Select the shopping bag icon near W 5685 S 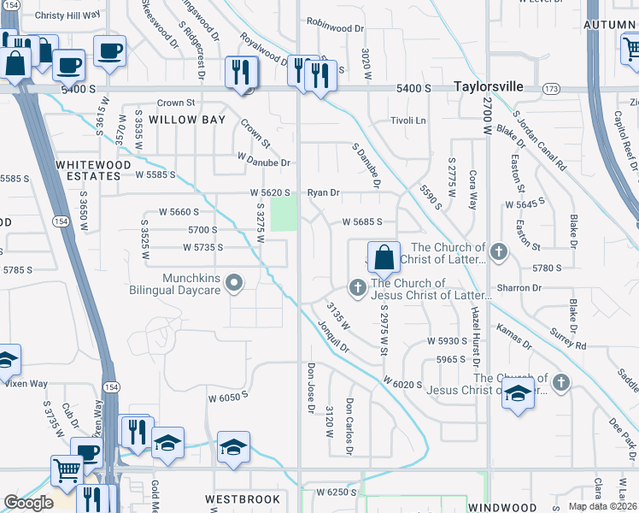384,256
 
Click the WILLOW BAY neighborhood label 186,120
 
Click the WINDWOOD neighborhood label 502,507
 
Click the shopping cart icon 66,469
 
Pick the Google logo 28,503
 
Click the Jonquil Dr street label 333,336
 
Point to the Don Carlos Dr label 349,426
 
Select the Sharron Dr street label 525,288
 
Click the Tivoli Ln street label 408,121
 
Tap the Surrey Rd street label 568,339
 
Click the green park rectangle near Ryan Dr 283,213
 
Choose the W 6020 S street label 402,382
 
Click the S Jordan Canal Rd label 537,142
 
